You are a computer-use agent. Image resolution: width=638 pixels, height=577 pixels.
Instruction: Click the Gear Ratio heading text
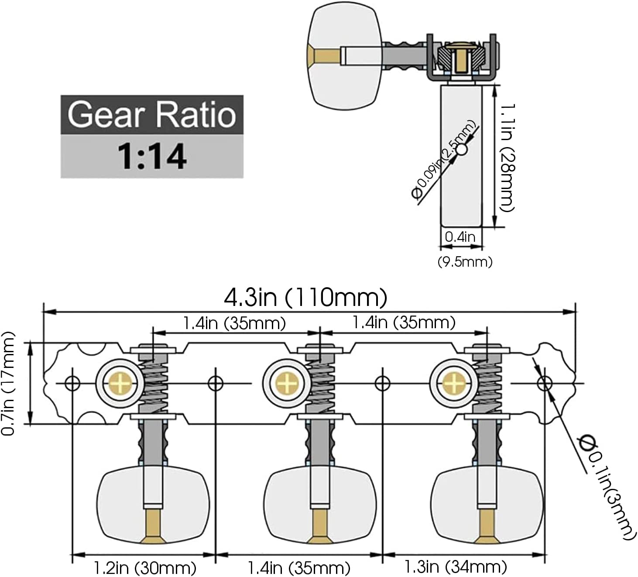coord(151,114)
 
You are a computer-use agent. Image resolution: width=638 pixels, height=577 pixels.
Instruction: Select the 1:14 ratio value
coord(151,156)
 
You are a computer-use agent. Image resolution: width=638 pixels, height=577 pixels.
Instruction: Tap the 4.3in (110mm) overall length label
coord(305,298)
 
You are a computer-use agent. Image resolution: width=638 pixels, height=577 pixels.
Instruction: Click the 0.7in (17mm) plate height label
coord(9,383)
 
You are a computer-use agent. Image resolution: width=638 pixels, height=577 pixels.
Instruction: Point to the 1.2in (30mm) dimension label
coord(145,568)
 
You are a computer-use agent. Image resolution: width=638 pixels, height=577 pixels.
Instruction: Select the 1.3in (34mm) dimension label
coord(456,567)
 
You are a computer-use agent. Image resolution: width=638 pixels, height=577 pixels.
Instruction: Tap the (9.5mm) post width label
coord(465,261)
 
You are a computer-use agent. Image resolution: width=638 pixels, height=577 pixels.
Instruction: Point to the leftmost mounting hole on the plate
coord(72,384)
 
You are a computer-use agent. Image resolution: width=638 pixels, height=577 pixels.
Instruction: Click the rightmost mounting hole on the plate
coord(545,384)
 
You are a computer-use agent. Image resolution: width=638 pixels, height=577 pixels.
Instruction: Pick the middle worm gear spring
coord(321,383)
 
